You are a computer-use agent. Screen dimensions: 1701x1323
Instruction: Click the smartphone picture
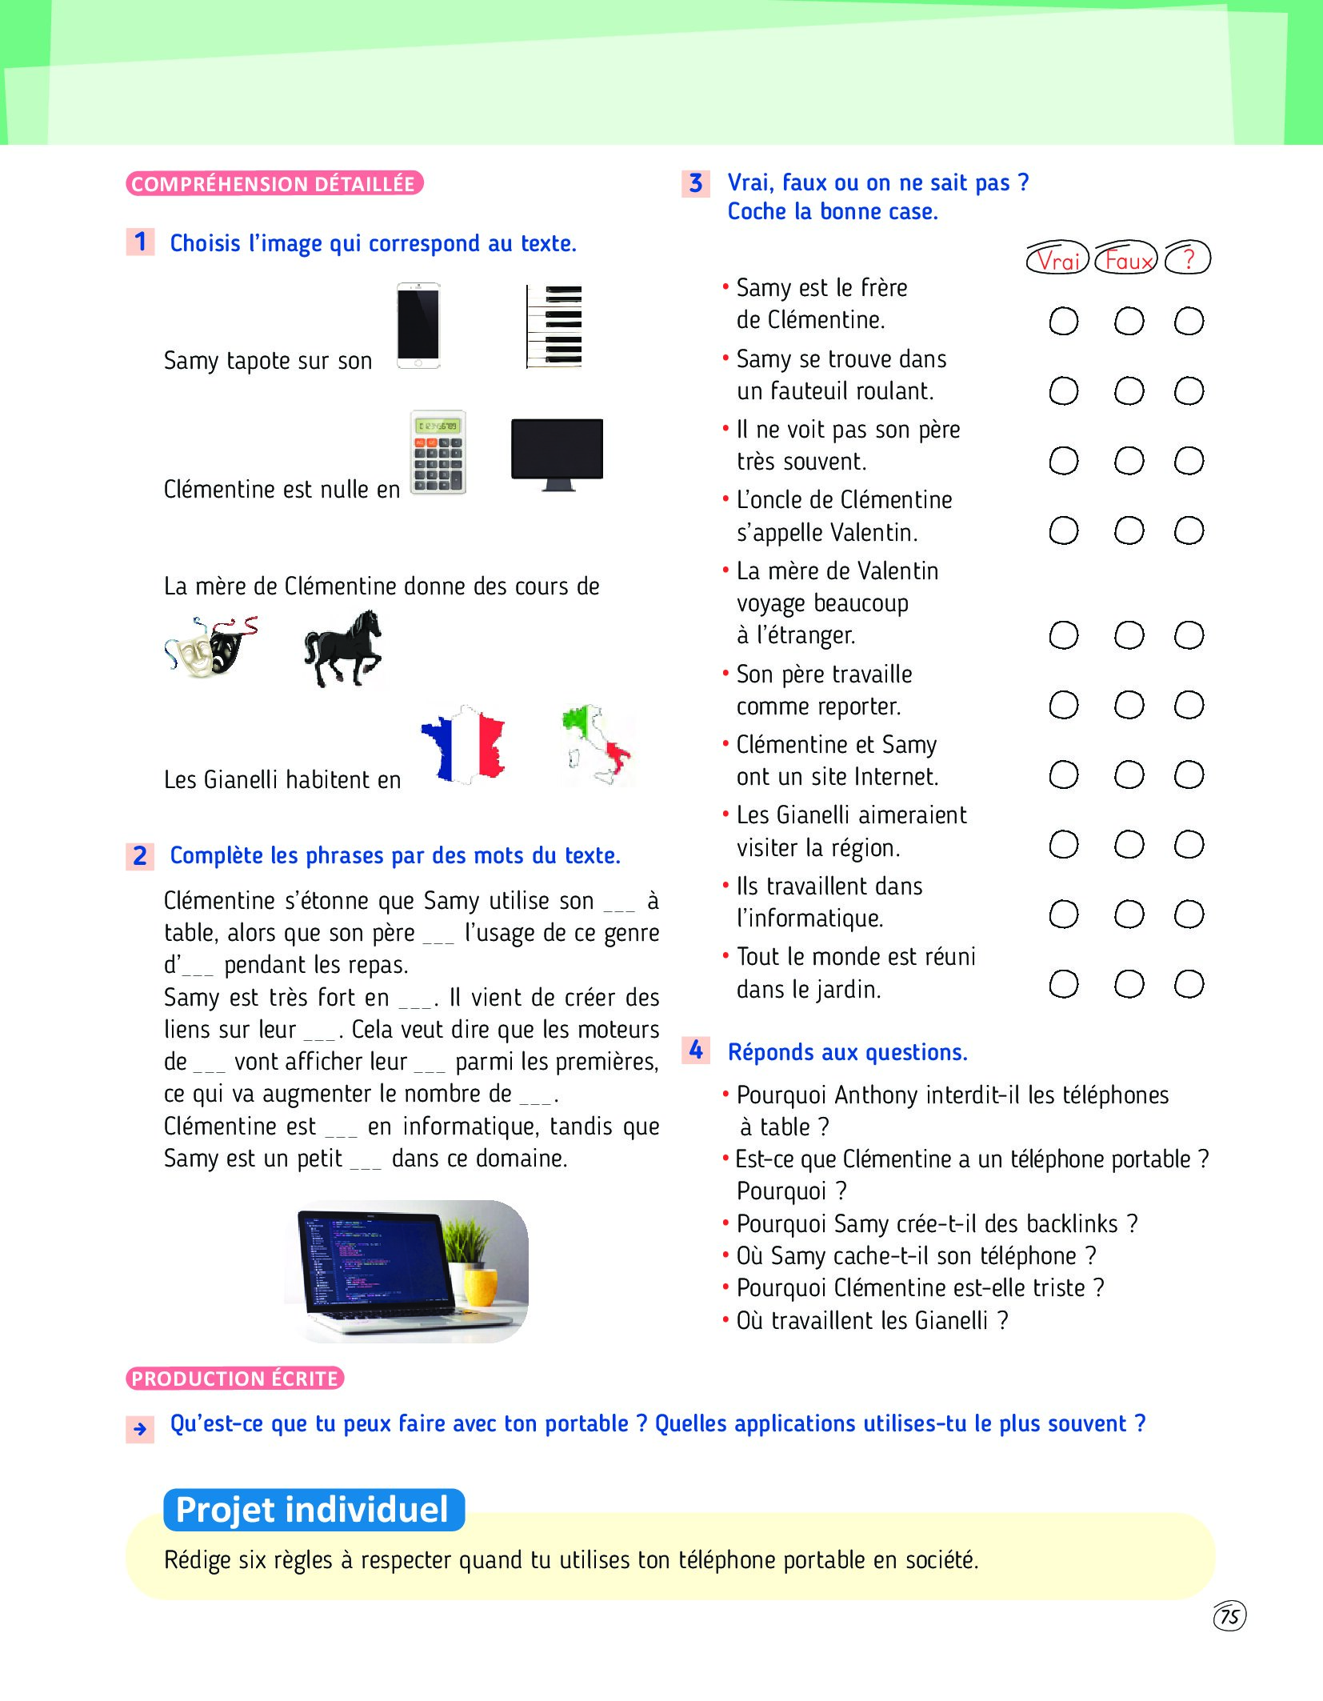point(418,326)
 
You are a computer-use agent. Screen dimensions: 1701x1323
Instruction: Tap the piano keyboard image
point(554,326)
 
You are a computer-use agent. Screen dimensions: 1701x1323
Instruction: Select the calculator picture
point(438,453)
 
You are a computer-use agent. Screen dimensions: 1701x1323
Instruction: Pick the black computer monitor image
point(557,453)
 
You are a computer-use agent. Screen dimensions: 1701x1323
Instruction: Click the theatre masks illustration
point(210,647)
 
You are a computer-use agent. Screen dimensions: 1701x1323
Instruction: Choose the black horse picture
point(343,649)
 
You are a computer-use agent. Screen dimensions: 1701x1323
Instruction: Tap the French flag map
point(464,744)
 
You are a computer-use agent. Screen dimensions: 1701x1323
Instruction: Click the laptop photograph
point(406,1270)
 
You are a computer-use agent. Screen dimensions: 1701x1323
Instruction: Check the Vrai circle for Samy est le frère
point(1063,322)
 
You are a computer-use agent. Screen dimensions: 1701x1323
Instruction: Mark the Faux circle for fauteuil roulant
point(1129,391)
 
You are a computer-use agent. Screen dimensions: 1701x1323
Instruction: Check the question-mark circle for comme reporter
point(1189,705)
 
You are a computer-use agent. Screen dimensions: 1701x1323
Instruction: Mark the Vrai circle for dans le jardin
point(1063,984)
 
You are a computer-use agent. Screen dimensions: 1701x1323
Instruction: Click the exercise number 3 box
point(696,183)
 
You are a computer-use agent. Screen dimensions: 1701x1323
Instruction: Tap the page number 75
point(1229,1616)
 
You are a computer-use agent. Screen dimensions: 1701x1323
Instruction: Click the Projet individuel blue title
point(314,1510)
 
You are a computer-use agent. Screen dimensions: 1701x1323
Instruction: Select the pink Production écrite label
point(234,1379)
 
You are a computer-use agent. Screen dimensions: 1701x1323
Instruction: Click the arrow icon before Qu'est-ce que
point(140,1429)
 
